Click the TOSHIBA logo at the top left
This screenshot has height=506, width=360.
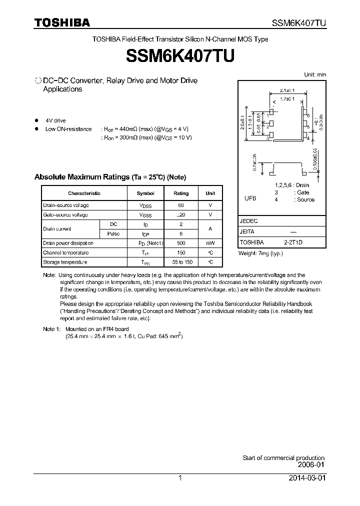[62, 22]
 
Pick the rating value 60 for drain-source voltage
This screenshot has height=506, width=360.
[180, 205]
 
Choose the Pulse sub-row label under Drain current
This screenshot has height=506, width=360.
[113, 233]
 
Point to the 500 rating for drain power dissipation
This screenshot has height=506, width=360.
[180, 243]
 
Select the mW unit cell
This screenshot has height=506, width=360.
[210, 243]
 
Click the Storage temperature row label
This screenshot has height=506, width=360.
[65, 262]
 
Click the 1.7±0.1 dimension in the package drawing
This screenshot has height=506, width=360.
[288, 98]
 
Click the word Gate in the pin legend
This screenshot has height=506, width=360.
[303, 192]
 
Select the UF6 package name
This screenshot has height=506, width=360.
[250, 198]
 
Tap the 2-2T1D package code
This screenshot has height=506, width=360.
[293, 241]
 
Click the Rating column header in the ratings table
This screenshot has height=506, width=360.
[180, 193]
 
